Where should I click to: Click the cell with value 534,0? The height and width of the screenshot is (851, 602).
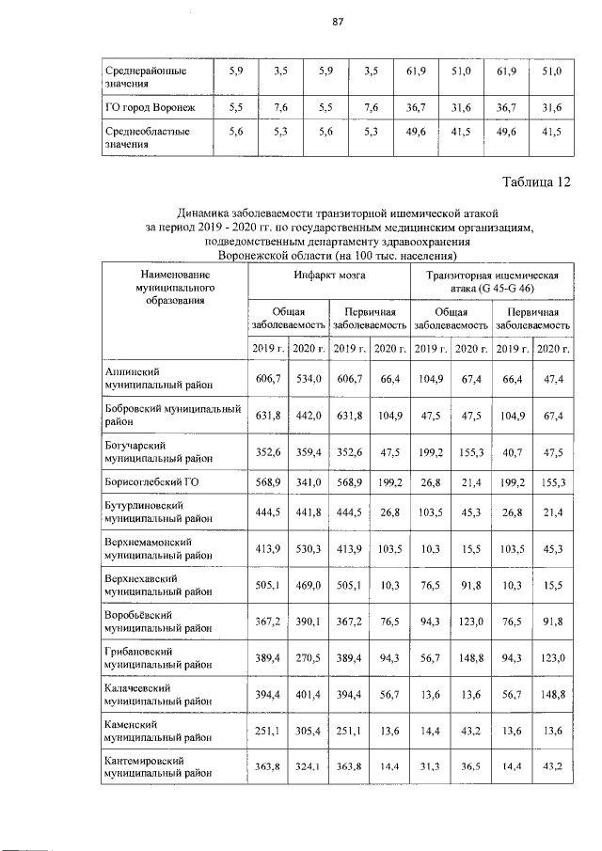(x=308, y=378)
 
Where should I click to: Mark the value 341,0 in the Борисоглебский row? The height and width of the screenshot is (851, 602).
(x=308, y=482)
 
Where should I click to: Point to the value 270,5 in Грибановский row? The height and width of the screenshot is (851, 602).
(x=308, y=655)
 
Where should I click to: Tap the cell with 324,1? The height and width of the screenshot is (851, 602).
(x=308, y=766)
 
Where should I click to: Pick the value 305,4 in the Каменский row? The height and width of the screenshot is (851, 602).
(x=308, y=732)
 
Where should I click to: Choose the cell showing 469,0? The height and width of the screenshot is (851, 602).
(x=308, y=586)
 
